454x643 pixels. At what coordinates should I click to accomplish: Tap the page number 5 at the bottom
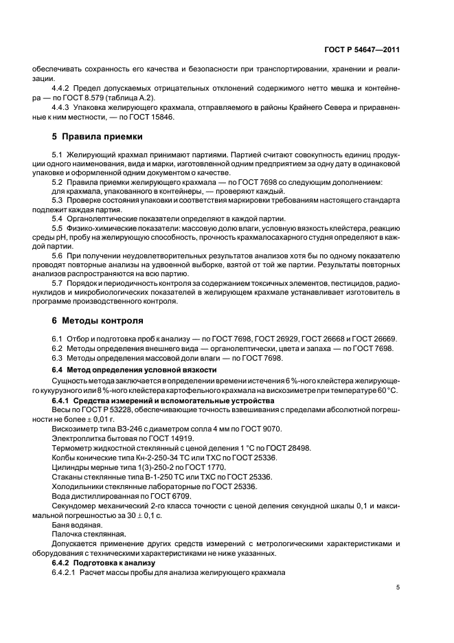point(398,587)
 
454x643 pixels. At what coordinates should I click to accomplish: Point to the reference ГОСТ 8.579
point(99,98)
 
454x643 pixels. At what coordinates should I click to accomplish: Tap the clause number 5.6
point(58,254)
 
